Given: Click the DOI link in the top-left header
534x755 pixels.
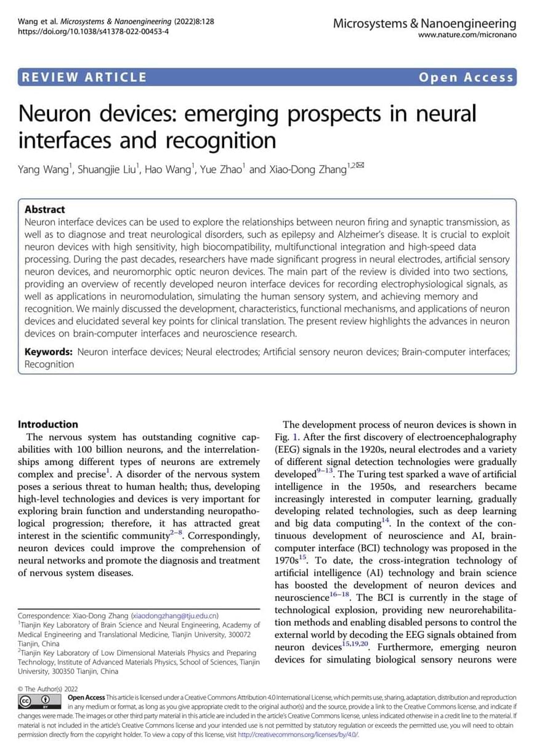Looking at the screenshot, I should coord(94,31).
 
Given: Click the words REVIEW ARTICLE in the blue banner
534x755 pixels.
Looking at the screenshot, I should coord(84,77).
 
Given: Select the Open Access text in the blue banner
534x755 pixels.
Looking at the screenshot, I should coord(466,77).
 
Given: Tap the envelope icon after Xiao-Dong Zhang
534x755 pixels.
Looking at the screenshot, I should coord(360,165).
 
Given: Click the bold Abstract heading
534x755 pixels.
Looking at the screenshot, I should coord(45,209).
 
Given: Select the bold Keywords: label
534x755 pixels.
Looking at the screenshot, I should coord(49,352).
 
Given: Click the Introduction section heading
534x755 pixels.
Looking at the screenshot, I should coord(48,424).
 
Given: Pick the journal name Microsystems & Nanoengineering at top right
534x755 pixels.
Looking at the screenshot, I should coord(424,23).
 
